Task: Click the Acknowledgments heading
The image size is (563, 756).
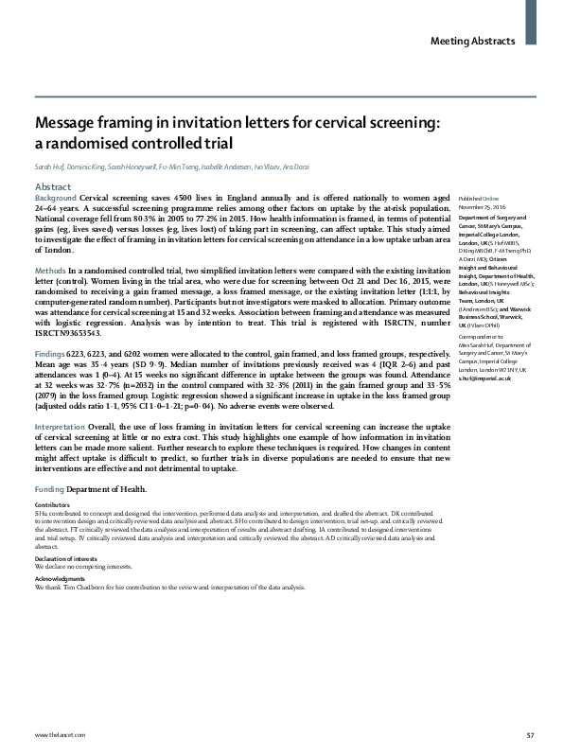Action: point(59,577)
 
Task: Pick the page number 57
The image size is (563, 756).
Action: point(530,736)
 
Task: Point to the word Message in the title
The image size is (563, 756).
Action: point(66,123)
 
